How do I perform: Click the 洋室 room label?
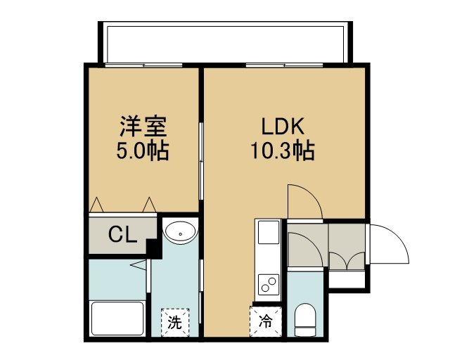pyautogui.click(x=143, y=127)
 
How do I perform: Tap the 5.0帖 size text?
pyautogui.click(x=143, y=150)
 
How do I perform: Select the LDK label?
pyautogui.click(x=283, y=127)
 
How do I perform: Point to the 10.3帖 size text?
pyautogui.click(x=283, y=150)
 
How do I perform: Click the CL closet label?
pyautogui.click(x=122, y=235)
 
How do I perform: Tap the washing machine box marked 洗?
pyautogui.click(x=175, y=322)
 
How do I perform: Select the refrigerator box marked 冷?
pyautogui.click(x=266, y=321)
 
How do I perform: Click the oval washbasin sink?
pyautogui.click(x=180, y=233)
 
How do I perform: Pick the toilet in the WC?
pyautogui.click(x=305, y=319)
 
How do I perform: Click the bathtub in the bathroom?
pyautogui.click(x=117, y=318)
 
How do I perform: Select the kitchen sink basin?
pyautogui.click(x=269, y=232)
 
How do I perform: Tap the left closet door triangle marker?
pyautogui.click(x=96, y=205)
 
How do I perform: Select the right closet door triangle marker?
pyautogui.click(x=149, y=205)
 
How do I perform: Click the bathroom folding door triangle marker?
pyautogui.click(x=139, y=264)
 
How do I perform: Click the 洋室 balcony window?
pyautogui.click(x=143, y=65)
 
